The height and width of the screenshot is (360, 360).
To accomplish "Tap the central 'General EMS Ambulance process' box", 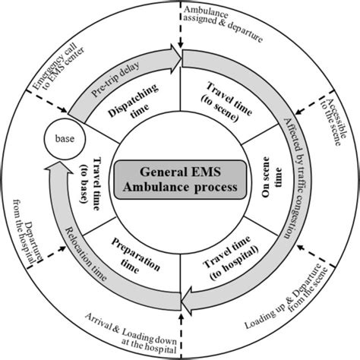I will [179, 181].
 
